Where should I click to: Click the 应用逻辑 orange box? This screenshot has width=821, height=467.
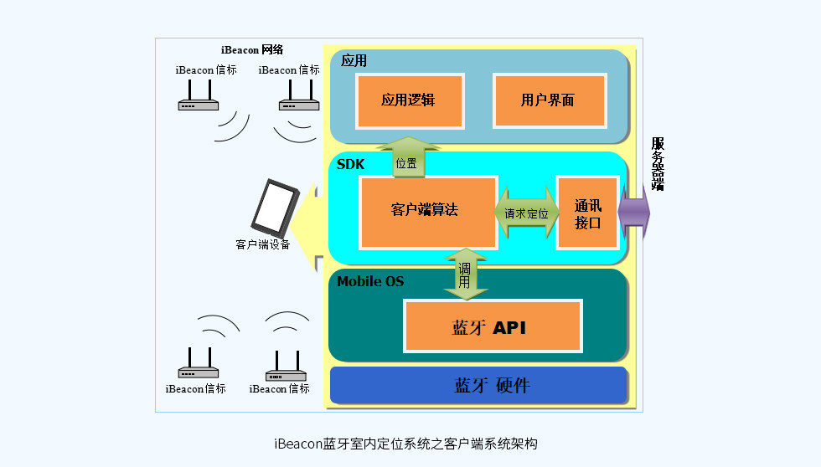pos(409,100)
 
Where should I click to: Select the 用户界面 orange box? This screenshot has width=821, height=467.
pos(548,100)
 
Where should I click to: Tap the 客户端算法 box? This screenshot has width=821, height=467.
pos(428,211)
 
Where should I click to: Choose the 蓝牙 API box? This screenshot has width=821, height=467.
pos(492,326)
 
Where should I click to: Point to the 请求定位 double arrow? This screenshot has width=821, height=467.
pos(527,213)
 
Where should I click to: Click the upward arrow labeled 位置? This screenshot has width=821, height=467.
pos(406,158)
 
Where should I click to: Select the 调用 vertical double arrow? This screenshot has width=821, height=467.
pos(465,275)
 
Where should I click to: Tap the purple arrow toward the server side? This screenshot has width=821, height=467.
pos(634,212)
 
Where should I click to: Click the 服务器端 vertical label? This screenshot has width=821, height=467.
pos(658,164)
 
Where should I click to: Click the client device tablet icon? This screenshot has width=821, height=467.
pos(275,208)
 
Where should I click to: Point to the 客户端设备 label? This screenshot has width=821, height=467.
pos(263,245)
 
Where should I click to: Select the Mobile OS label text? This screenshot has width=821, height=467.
pos(370,281)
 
